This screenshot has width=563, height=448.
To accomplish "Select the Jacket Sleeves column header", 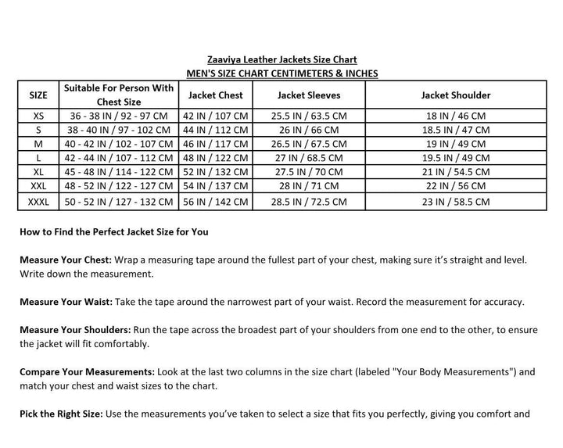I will (307, 95).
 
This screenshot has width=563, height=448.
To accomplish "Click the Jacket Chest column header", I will (216, 95).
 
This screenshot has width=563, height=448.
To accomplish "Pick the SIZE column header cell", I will (38, 95).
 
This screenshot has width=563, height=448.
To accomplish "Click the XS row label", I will (38, 115).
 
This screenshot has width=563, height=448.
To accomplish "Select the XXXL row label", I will (38, 201).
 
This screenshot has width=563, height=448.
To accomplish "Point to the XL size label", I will (38, 172).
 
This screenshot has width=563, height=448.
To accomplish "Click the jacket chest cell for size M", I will (216, 144).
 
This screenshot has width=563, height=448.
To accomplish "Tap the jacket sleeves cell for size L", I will (307, 158).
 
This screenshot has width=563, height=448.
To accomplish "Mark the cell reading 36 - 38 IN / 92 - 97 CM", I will (119, 115).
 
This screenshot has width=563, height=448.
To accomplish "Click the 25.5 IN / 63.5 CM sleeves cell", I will (307, 115).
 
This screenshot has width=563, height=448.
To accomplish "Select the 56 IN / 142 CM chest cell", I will (216, 201).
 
